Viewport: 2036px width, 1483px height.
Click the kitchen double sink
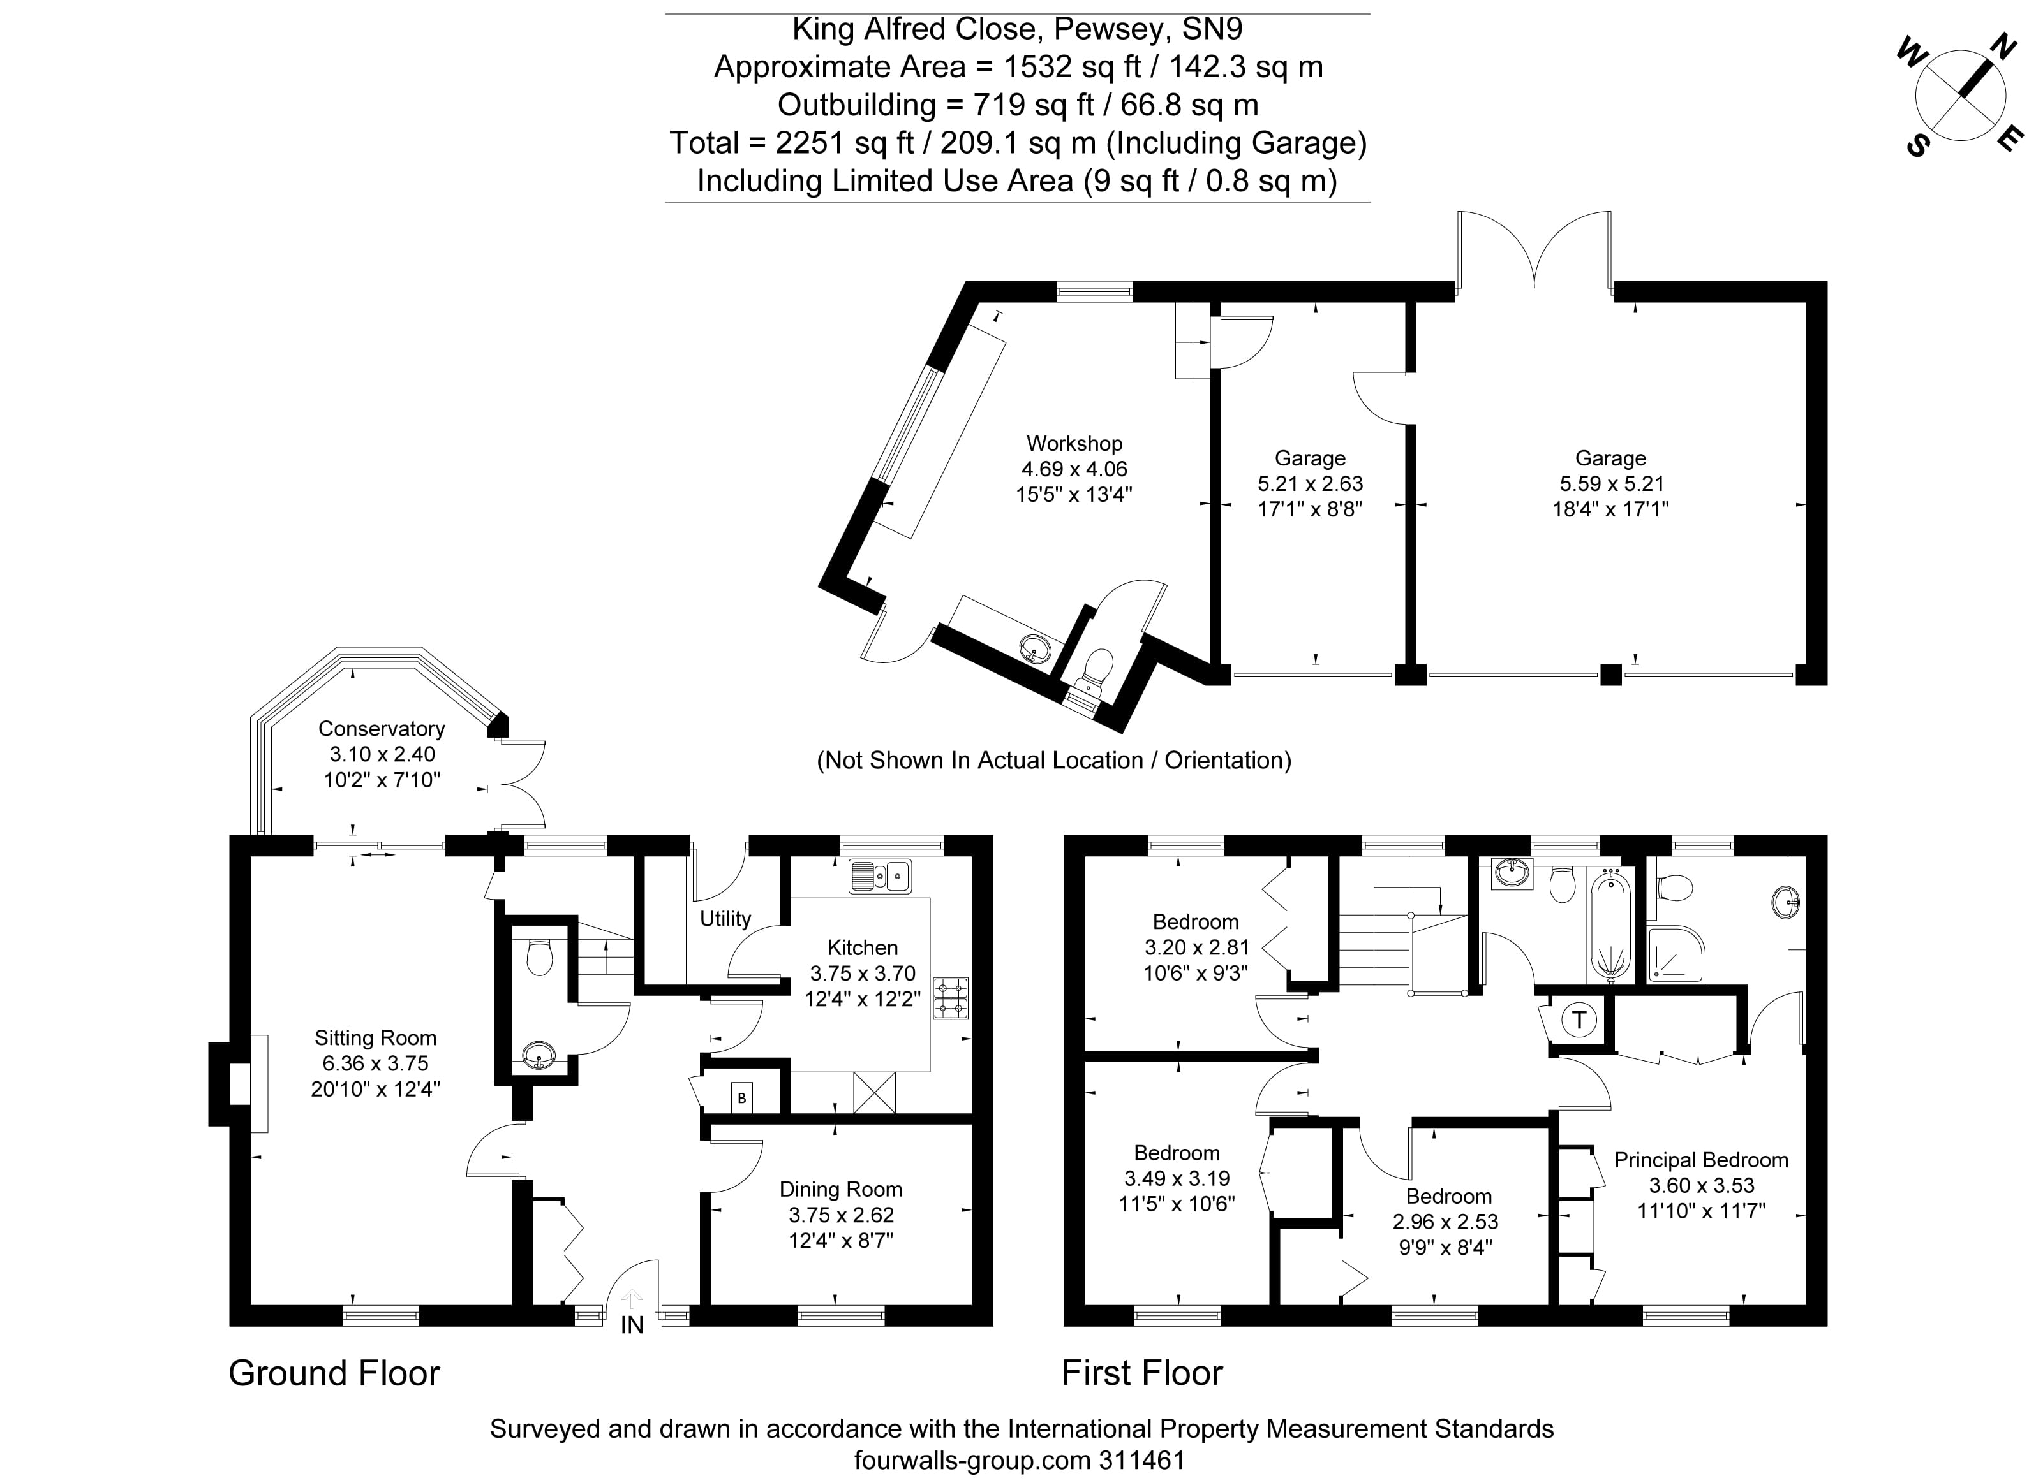[880, 876]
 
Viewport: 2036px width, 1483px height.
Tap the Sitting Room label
[375, 1038]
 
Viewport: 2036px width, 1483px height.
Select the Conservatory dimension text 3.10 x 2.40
[382, 754]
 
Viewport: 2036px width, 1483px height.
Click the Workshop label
[1074, 444]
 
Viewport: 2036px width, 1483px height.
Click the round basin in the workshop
[1036, 648]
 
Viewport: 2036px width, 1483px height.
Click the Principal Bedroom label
[1701, 1160]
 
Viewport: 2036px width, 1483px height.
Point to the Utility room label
[725, 918]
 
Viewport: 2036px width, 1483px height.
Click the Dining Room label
[841, 1190]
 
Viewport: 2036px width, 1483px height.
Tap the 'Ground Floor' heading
[334, 1373]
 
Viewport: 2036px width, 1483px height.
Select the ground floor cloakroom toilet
[539, 957]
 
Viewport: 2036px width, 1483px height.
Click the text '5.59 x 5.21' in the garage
[1610, 483]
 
